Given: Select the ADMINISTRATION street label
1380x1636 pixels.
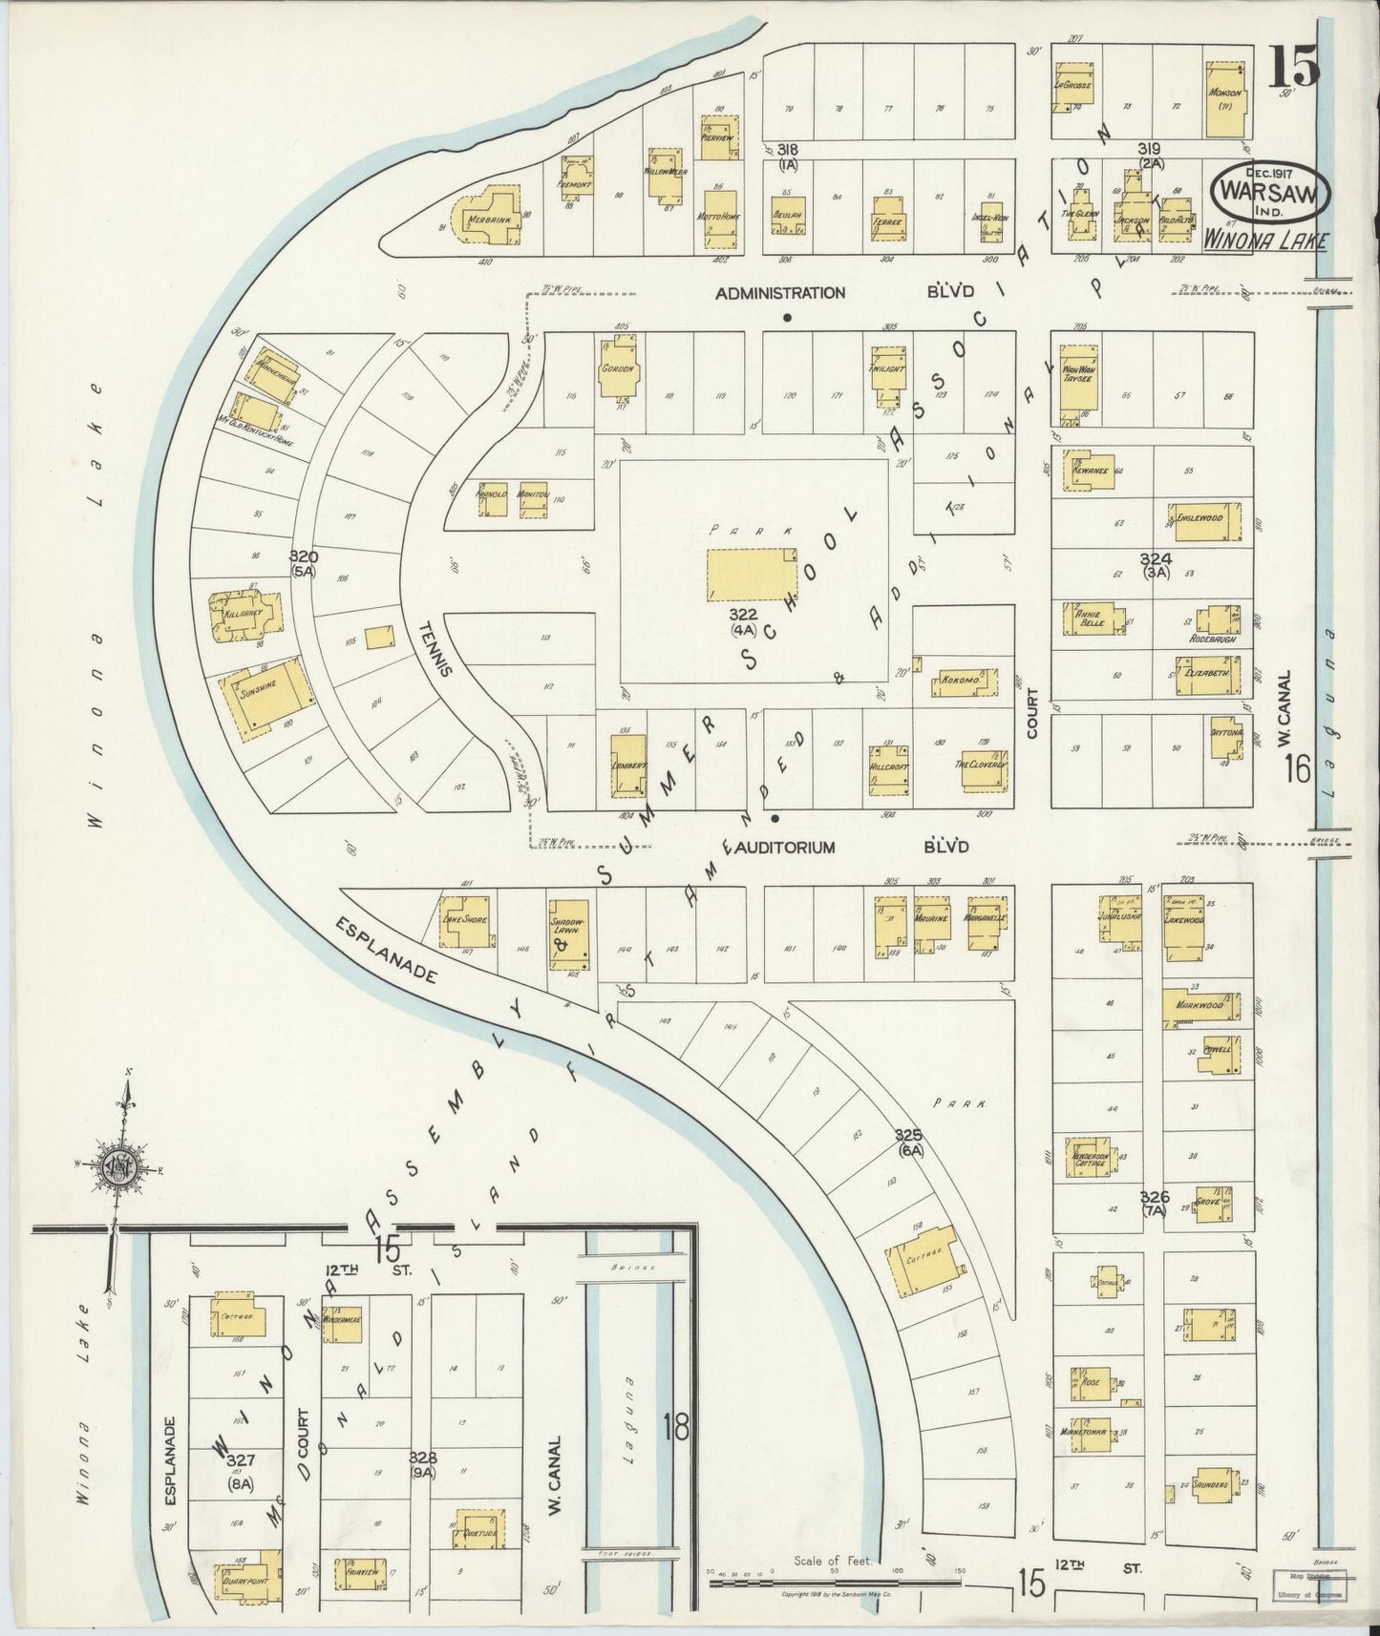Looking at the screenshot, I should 780,293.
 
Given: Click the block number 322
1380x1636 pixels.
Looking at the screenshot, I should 743,613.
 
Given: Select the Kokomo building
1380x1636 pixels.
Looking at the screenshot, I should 963,682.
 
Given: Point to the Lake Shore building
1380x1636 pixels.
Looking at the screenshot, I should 466,921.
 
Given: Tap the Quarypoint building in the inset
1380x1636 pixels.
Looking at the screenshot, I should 246,1580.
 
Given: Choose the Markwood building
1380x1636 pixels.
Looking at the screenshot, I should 1200,1006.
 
